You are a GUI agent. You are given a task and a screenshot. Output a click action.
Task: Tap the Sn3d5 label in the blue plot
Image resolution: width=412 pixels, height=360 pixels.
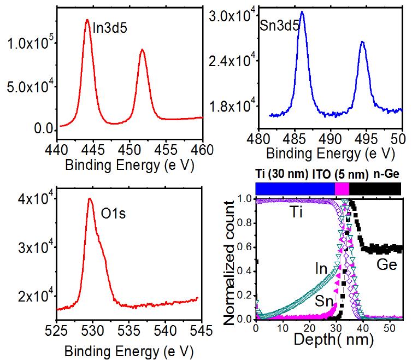tap(282, 24)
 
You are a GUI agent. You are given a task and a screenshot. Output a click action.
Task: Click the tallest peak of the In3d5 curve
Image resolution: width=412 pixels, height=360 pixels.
tap(87, 20)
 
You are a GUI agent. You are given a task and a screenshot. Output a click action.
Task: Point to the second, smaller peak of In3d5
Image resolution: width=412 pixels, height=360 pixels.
tap(142, 50)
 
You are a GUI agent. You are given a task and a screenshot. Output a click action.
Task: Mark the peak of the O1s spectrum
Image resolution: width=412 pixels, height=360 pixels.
tap(89, 199)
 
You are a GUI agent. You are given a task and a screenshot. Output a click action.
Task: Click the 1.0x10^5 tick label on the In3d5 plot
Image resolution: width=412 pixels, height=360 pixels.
tap(28, 43)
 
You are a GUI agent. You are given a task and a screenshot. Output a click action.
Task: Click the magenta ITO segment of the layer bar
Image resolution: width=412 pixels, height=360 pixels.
tap(342, 188)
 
